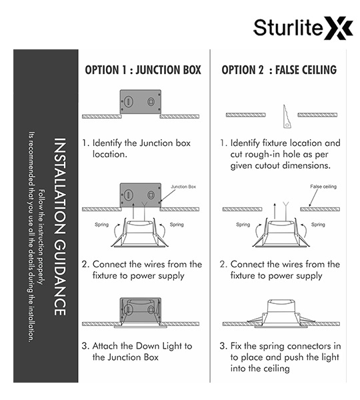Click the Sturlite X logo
coord(303,28)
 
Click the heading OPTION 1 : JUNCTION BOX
coord(143,70)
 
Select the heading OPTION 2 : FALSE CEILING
coord(279,70)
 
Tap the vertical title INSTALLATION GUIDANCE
coord(61,227)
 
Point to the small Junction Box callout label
coord(183,187)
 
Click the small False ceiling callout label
coord(323,187)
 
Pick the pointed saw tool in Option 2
coord(287,116)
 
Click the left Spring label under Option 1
coord(101,225)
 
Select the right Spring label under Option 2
coord(318,225)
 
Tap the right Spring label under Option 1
coord(177,225)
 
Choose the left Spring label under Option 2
coord(243,225)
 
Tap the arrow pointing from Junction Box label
coord(167,196)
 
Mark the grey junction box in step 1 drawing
coord(141,101)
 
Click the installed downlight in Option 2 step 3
coord(281,313)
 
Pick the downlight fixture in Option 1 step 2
coord(139,233)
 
